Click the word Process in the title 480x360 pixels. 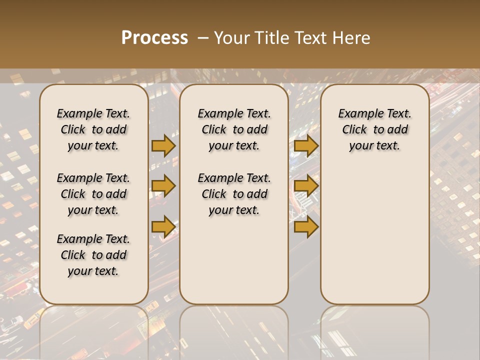[x=154, y=38]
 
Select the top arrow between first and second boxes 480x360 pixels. [x=163, y=145]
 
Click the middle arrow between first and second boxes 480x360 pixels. [x=163, y=186]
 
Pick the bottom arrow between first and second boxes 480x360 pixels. [x=163, y=226]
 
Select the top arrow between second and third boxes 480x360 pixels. [x=306, y=145]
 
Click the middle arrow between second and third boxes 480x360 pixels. [x=306, y=186]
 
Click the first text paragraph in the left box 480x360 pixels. [x=93, y=129]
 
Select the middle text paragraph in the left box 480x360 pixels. [x=93, y=194]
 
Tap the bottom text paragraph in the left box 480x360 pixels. [x=93, y=255]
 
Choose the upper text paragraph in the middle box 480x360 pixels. [x=234, y=129]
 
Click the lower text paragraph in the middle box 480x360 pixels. [x=234, y=194]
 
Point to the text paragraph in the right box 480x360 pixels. [x=374, y=129]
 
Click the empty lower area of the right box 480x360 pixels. [x=374, y=235]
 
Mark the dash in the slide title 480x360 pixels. [x=202, y=38]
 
